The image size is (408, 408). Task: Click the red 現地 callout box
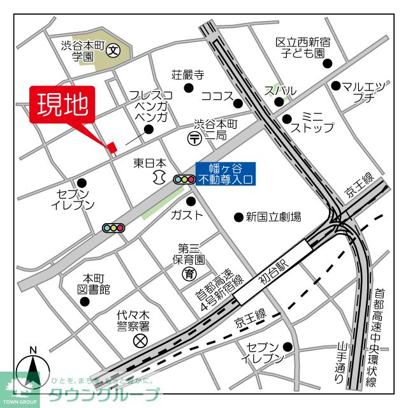click(62, 105)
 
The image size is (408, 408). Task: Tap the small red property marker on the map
click(113, 148)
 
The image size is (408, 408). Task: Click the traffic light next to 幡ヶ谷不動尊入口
click(184, 180)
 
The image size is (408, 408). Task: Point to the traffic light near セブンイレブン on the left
click(113, 228)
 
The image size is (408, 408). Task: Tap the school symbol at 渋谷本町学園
click(113, 50)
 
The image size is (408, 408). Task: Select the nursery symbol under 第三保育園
click(189, 274)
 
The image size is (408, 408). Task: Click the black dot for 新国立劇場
click(238, 217)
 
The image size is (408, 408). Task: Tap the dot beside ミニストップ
click(287, 119)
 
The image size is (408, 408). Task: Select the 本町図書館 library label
click(94, 284)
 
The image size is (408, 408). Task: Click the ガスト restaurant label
click(186, 215)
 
